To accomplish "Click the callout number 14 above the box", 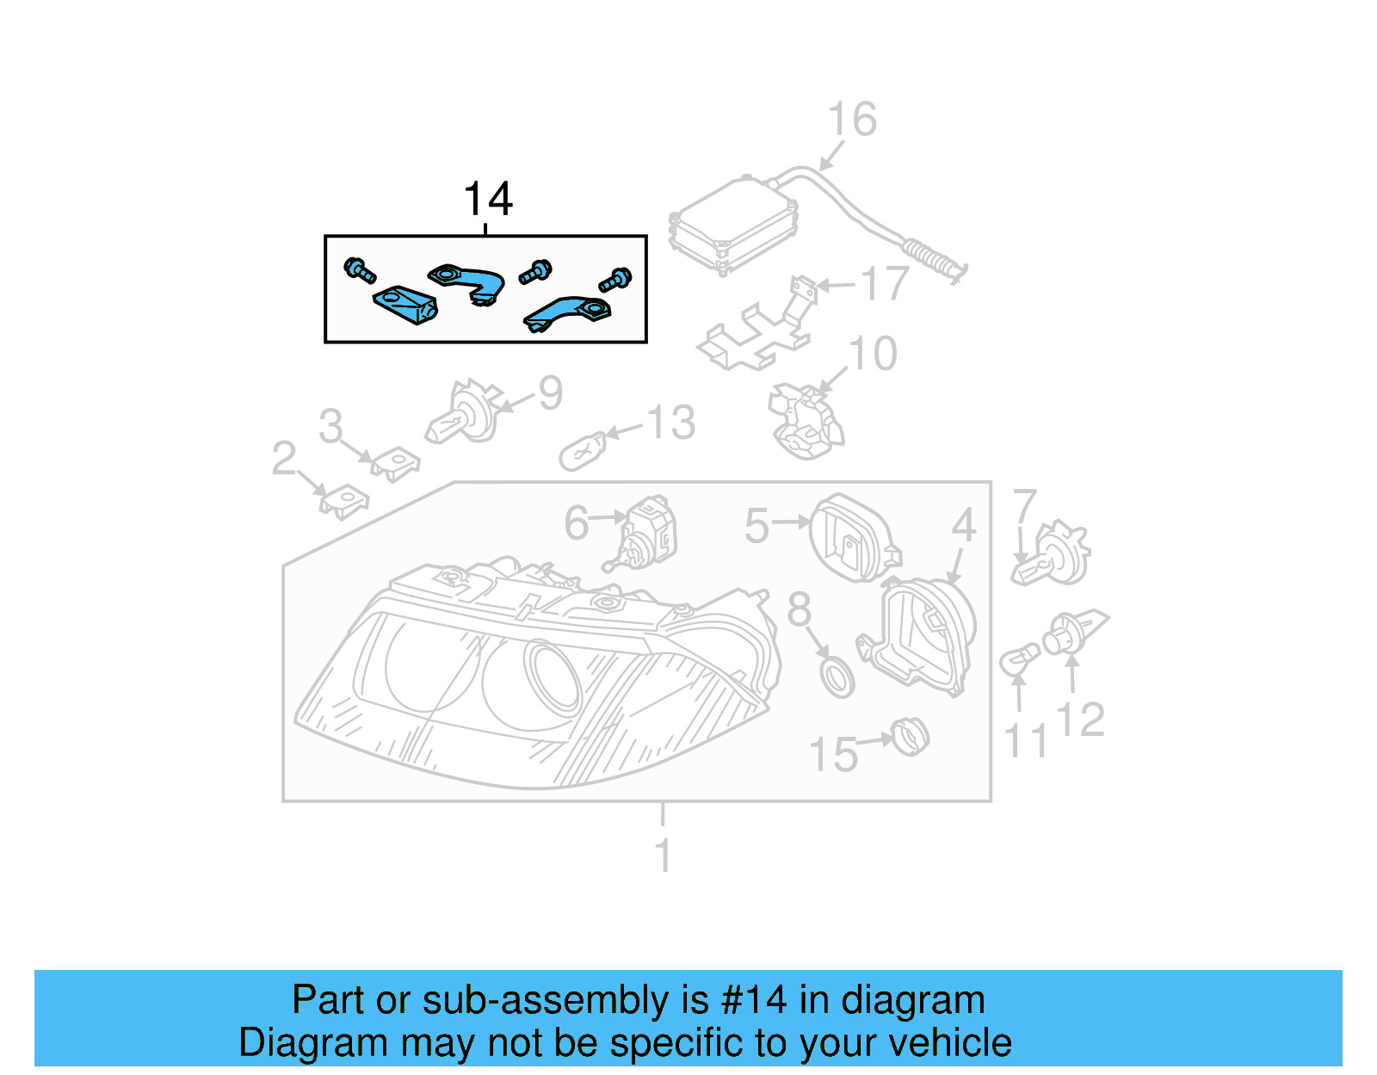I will point(488,200).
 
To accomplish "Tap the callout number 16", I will point(851,120).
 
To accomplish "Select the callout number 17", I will point(884,284).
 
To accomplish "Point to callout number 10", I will point(872,354).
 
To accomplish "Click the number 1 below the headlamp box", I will point(662,856).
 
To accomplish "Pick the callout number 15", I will point(832,755).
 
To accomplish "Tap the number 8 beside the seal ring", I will point(799,609).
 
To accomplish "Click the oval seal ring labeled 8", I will point(837,677).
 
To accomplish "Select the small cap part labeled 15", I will point(910,737).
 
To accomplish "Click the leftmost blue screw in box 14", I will point(359,269).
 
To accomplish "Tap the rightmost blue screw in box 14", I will point(615,280).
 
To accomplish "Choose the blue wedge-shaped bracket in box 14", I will point(404,305).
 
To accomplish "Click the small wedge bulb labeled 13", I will point(583,451).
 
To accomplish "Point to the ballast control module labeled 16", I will point(733,226).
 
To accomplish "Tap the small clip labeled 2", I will point(344,501).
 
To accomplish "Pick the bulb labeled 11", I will point(1018,662).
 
